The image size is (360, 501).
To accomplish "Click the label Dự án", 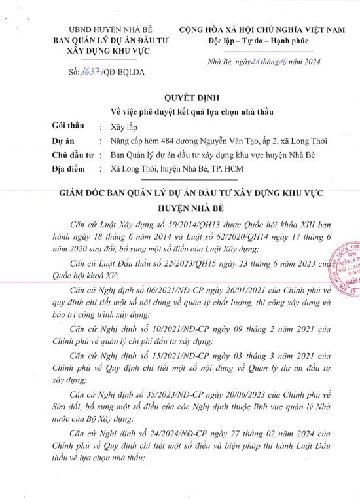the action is point(62,141).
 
